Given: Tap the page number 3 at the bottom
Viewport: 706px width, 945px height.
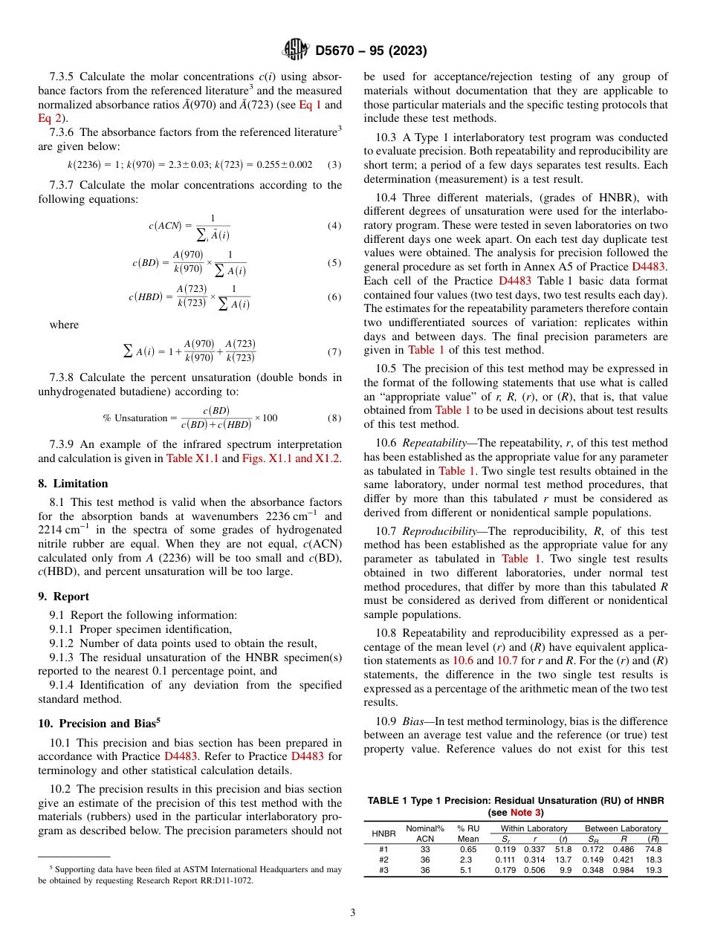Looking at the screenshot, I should (352, 912).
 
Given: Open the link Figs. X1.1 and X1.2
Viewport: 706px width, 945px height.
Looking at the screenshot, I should (291, 458).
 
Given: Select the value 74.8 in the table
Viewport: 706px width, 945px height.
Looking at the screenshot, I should (652, 848).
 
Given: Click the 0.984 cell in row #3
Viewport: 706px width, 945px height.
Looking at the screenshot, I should (623, 869).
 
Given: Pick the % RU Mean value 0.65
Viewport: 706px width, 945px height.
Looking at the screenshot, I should (468, 848).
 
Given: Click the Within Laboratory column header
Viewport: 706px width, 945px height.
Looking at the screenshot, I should (534, 828).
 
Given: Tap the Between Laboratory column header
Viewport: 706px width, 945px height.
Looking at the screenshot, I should (622, 828).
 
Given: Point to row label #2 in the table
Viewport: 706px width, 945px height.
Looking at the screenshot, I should (383, 859).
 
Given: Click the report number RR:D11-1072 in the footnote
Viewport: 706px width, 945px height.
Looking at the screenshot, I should (223, 880).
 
